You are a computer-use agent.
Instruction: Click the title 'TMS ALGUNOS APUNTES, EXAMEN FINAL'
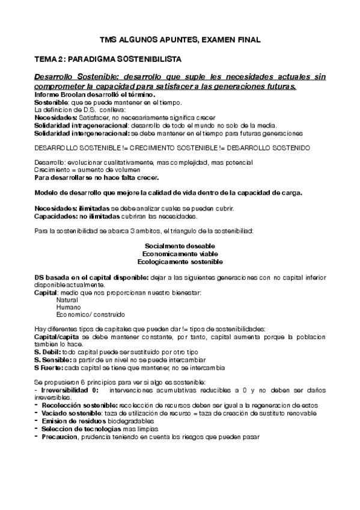click(180, 40)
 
